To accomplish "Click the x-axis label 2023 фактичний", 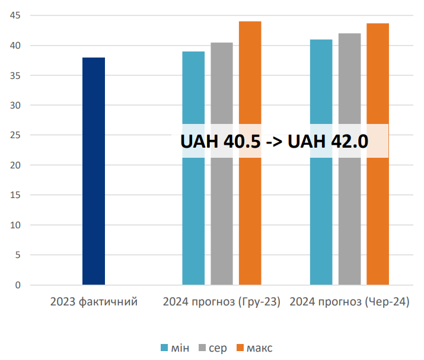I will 94,302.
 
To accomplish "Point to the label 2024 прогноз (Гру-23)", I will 222,302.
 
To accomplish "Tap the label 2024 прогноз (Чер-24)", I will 350,302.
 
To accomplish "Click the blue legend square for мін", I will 165,348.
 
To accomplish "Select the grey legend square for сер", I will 201,348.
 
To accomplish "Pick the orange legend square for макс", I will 240,348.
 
